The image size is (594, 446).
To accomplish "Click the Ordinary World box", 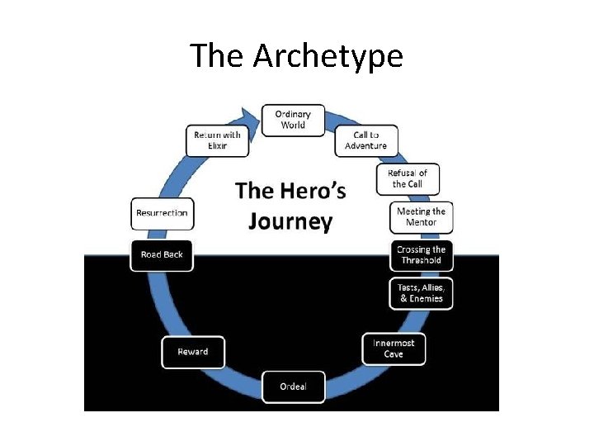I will click(293, 120).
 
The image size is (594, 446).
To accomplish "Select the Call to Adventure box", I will click(365, 140).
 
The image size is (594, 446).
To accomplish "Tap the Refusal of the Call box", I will click(408, 179).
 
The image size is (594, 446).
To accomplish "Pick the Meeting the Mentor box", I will click(421, 217).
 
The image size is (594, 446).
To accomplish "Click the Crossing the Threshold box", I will click(421, 255).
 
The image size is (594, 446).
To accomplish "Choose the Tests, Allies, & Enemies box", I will click(421, 293).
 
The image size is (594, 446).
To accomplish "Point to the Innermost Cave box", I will click(394, 349).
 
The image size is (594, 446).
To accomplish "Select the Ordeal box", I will click(293, 387).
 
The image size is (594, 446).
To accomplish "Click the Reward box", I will click(193, 352).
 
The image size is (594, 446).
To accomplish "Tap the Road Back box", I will click(162, 254).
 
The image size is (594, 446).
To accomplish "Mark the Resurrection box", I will click(162, 213).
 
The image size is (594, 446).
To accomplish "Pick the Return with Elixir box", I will click(217, 140).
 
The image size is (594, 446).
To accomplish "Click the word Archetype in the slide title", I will click(328, 56).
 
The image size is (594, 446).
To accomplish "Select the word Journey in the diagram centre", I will click(290, 222).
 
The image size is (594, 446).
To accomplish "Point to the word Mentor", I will click(421, 223).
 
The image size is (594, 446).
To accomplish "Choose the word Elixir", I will click(217, 146).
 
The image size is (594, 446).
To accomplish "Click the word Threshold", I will click(421, 261).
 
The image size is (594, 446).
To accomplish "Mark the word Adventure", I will click(365, 146).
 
